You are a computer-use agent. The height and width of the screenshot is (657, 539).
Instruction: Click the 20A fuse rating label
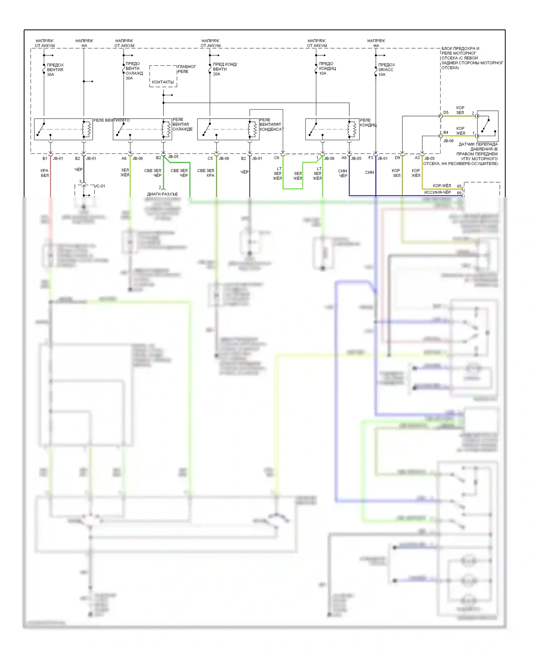click(216, 74)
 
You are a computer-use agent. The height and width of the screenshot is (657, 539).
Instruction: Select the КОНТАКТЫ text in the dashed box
click(162, 82)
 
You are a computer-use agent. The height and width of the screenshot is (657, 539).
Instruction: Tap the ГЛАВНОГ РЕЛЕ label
click(186, 69)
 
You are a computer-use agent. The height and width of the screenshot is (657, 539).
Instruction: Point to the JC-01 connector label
click(100, 186)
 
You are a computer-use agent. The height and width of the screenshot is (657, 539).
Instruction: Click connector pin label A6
click(124, 158)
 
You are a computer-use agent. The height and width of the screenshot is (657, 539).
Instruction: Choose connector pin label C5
click(210, 158)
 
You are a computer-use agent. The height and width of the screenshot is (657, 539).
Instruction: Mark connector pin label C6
click(277, 158)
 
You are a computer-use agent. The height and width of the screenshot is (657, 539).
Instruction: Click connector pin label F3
click(371, 158)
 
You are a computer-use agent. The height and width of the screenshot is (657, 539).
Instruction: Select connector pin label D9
click(397, 158)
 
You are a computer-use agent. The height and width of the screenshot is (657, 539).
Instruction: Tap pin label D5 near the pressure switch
click(446, 112)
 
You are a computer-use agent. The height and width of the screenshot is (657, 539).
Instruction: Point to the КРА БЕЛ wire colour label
click(45, 173)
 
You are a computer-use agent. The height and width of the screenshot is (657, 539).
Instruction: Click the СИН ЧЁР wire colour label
click(343, 173)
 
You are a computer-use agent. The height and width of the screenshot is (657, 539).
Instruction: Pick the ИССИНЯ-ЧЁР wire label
click(437, 192)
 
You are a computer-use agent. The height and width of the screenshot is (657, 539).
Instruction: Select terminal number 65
click(459, 186)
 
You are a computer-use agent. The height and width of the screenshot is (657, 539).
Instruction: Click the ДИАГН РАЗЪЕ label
click(162, 194)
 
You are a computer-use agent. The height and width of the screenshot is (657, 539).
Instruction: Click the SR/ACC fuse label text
click(386, 70)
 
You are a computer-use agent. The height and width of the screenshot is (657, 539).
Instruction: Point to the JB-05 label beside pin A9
click(356, 158)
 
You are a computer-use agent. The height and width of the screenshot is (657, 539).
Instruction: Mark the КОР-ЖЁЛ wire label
click(442, 186)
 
